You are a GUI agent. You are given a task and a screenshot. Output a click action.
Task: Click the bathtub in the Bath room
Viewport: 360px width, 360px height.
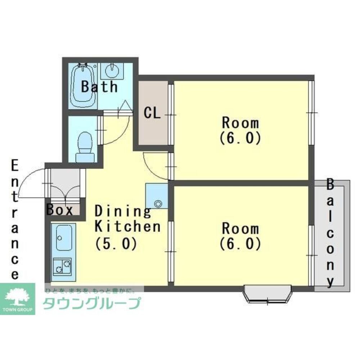coord(83,86)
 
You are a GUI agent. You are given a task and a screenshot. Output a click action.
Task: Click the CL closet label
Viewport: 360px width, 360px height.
coord(152,113)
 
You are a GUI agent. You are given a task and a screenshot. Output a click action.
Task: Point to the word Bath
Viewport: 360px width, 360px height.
coord(99,86)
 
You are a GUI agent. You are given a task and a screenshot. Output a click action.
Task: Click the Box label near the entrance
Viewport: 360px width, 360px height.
coord(59,210)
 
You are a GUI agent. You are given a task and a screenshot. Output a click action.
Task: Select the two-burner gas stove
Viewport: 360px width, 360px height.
coord(62,266)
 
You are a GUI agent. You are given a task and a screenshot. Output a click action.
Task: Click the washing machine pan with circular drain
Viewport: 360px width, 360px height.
coord(157,196)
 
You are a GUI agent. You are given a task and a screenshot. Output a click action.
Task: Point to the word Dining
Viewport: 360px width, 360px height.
coord(123,211)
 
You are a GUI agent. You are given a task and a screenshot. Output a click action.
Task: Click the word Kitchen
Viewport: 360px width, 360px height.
coord(128,226)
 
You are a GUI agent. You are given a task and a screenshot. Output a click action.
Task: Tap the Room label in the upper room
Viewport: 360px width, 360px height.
coord(240,123)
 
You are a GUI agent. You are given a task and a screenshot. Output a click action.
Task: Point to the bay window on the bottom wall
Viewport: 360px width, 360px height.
coord(267,294)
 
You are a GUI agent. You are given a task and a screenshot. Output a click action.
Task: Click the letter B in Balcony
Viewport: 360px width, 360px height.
coord(330,185)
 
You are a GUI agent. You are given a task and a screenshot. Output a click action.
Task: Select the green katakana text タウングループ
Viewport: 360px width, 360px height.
coord(92,303)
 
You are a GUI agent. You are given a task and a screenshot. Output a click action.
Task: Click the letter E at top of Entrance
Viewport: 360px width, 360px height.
coord(15,165)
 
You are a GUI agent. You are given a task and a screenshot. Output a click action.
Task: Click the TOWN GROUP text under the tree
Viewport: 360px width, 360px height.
coord(17,310)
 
